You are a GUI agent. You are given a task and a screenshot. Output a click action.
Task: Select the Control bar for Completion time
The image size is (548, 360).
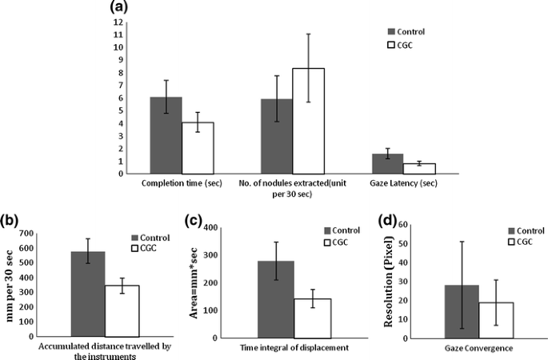pyautogui.click(x=166, y=135)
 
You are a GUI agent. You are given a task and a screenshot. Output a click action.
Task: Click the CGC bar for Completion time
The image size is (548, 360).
pyautogui.click(x=198, y=148)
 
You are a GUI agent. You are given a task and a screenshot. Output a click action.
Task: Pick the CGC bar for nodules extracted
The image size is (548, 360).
pyautogui.click(x=308, y=121)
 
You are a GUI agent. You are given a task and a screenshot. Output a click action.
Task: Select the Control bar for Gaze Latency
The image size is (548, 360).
pyautogui.click(x=387, y=163)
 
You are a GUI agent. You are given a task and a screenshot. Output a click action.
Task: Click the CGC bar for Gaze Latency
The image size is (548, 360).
pyautogui.click(x=419, y=168)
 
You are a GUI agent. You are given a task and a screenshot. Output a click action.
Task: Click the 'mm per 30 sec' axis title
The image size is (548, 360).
pyautogui.click(x=10, y=282)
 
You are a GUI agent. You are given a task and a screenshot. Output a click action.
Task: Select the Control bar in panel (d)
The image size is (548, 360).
pyautogui.click(x=462, y=311)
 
